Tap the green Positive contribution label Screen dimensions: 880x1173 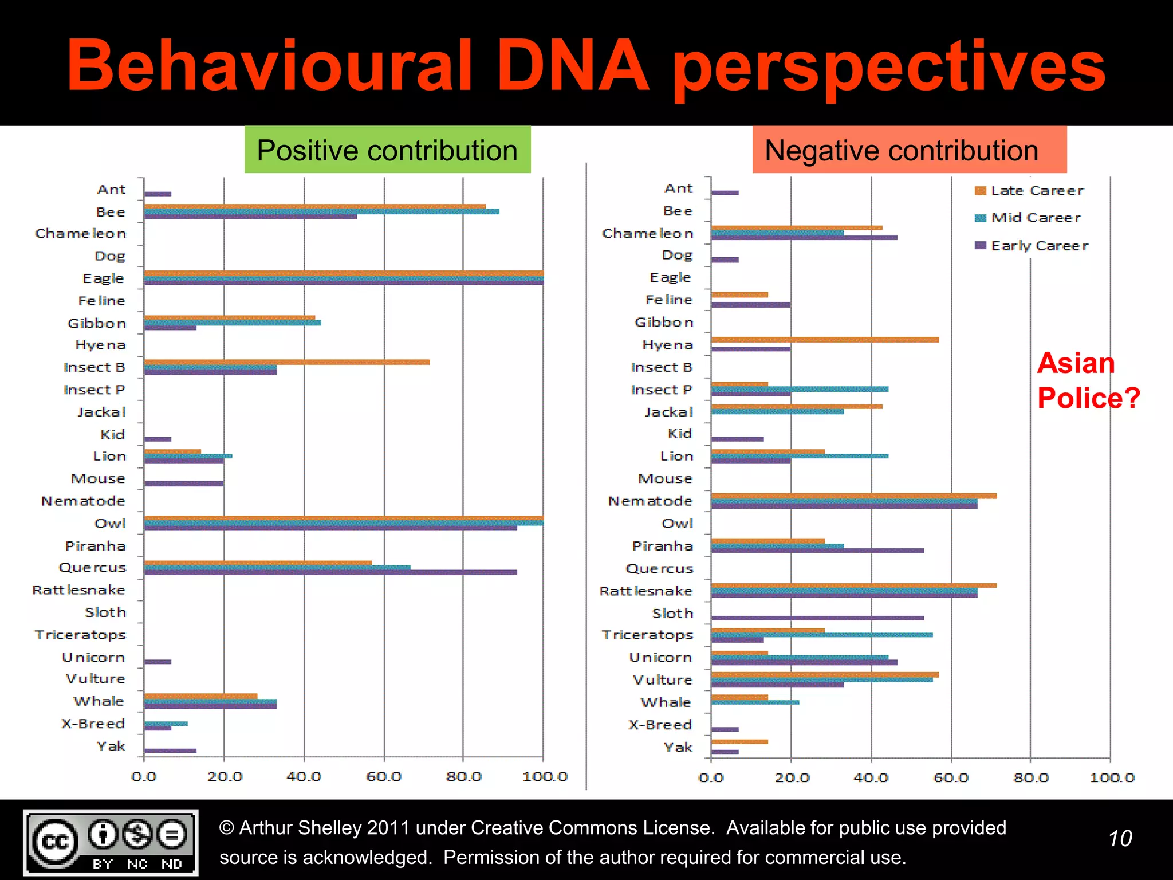pyautogui.click(x=387, y=150)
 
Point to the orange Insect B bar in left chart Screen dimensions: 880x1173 pyautogui.click(x=286, y=362)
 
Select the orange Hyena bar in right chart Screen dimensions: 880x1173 pyautogui.click(x=825, y=340)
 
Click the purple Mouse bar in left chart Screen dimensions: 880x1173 pyautogui.click(x=184, y=484)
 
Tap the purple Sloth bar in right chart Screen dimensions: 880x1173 pyautogui.click(x=817, y=618)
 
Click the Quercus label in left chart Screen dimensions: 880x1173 pyautogui.click(x=92, y=568)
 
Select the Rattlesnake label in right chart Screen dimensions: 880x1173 pyautogui.click(x=645, y=591)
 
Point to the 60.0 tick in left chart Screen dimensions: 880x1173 pyautogui.click(x=384, y=777)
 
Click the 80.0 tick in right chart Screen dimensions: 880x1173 pyautogui.click(x=1030, y=777)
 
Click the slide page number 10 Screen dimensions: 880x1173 pyautogui.click(x=1120, y=839)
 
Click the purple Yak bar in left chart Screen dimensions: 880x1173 pyautogui.click(x=170, y=751)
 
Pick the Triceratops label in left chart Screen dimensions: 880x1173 pyautogui.click(x=80, y=635)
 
